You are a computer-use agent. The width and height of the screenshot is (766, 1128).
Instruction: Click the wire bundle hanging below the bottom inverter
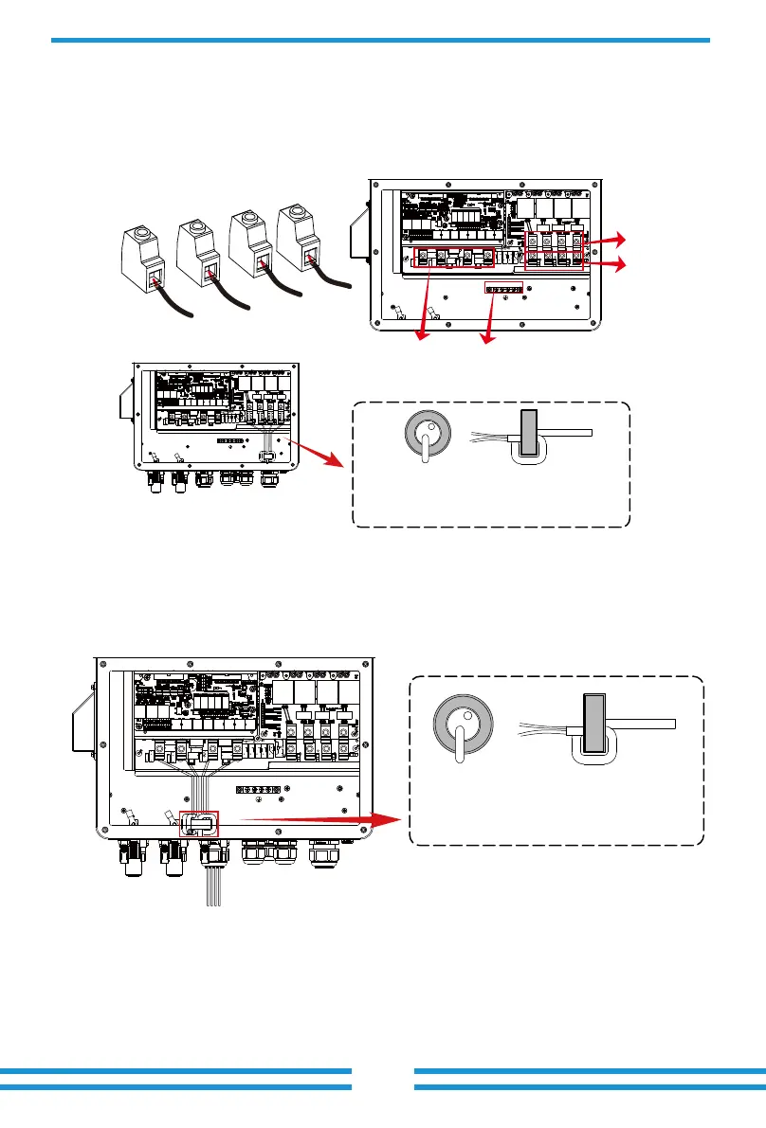pyautogui.click(x=212, y=886)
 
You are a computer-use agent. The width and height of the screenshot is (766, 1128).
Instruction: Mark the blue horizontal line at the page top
pyautogui.click(x=380, y=40)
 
